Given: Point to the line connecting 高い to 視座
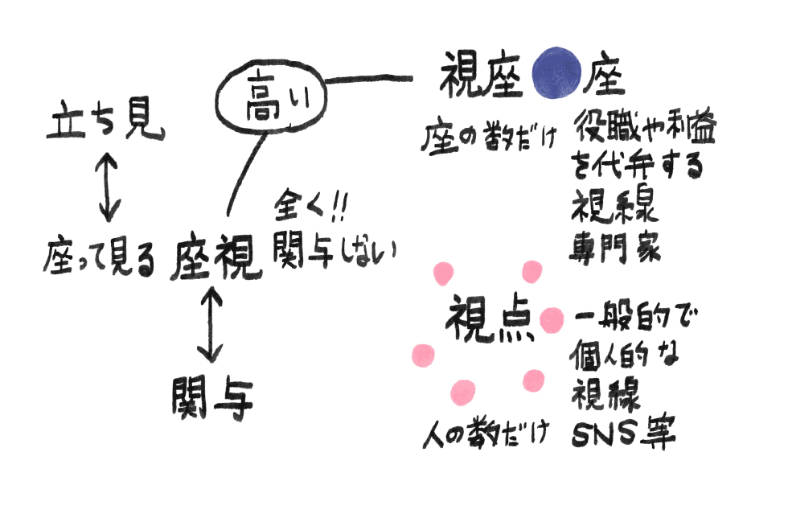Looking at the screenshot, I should pyautogui.click(x=369, y=79).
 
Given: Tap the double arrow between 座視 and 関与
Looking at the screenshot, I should pyautogui.click(x=210, y=327).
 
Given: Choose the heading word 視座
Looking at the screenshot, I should pyautogui.click(x=480, y=76).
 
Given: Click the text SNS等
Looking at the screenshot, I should pyautogui.click(x=623, y=434).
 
